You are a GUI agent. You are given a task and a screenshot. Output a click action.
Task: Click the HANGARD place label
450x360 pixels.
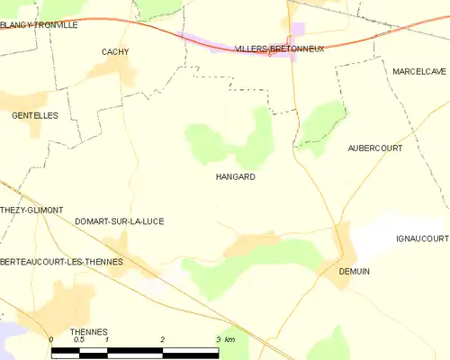click(x=235, y=177)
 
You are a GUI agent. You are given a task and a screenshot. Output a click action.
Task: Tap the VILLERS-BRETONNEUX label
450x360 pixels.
click(x=278, y=49)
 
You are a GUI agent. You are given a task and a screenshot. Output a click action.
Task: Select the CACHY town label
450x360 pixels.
click(x=115, y=52)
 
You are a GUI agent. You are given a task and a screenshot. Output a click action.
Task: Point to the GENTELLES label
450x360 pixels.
click(x=34, y=116)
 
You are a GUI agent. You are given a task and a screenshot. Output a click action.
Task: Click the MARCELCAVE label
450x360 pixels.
click(x=418, y=71)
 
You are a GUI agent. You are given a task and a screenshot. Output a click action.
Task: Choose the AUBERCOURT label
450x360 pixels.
click(x=374, y=148)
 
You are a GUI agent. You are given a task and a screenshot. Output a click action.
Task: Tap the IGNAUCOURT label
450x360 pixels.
click(x=421, y=238)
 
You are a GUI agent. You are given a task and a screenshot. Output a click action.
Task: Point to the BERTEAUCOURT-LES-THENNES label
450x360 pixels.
click(x=61, y=261)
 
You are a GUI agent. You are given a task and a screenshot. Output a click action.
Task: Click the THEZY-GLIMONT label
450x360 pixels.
click(x=31, y=210)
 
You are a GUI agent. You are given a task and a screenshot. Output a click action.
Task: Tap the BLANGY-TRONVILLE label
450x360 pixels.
click(x=39, y=25)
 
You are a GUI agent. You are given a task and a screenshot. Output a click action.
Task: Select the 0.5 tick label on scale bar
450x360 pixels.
click(x=79, y=339)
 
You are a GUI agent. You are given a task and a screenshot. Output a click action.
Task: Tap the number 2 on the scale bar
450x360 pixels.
click(x=162, y=339)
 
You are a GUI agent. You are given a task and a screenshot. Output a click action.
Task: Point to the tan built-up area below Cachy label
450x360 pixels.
click(x=121, y=76)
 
